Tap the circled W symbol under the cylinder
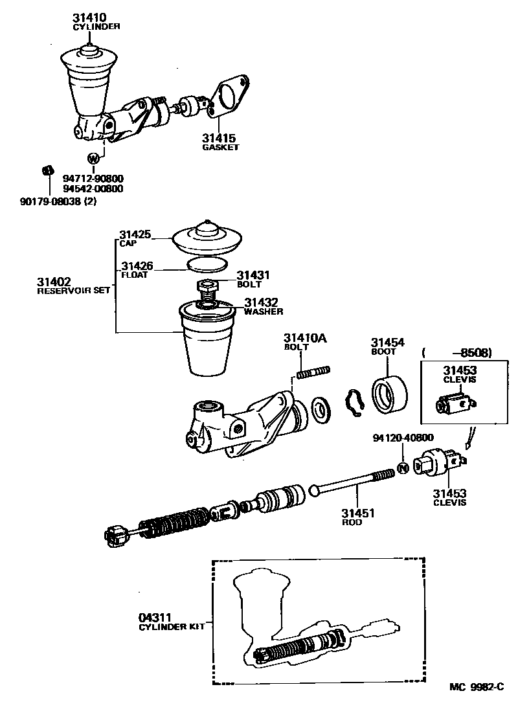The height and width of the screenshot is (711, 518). tap(93, 157)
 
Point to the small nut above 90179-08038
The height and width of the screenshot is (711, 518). tap(47, 170)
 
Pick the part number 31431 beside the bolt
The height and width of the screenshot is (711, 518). tap(252, 275)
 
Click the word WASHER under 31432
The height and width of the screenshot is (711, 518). tap(264, 311)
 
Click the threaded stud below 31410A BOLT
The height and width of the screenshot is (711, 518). tap(313, 372)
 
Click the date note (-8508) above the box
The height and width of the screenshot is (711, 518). tap(456, 353)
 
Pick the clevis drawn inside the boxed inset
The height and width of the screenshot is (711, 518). tap(454, 407)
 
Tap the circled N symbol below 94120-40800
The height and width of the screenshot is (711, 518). tap(402, 468)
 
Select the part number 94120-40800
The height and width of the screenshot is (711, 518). tap(403, 437)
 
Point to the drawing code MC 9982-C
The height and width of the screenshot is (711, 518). tap(478, 687)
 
